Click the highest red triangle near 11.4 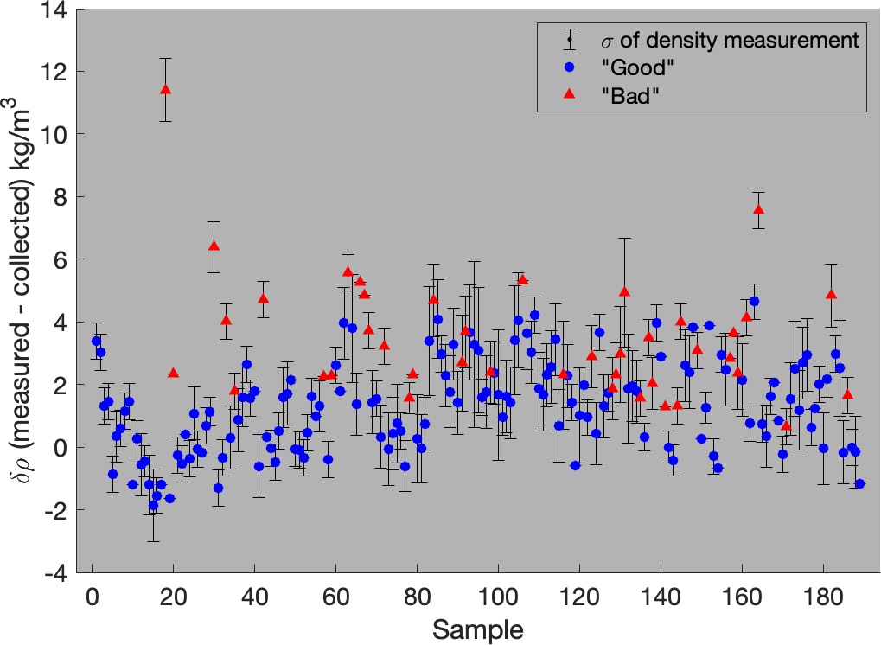(x=165, y=89)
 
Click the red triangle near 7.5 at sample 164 (x=758, y=209)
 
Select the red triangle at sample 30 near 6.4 (x=214, y=246)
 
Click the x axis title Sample (x=478, y=629)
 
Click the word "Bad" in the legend (x=624, y=95)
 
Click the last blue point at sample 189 (x=859, y=483)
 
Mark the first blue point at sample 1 (x=96, y=341)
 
